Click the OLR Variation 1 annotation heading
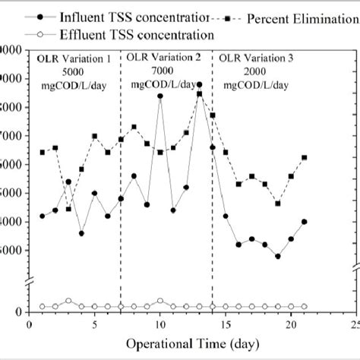click(74, 57)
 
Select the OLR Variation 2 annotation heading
click(164, 57)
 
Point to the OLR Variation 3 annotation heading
click(256, 57)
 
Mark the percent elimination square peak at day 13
click(199, 94)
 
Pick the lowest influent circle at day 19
click(278, 256)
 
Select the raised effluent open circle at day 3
click(68, 301)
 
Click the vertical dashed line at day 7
click(121, 190)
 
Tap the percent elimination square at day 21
click(304, 158)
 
